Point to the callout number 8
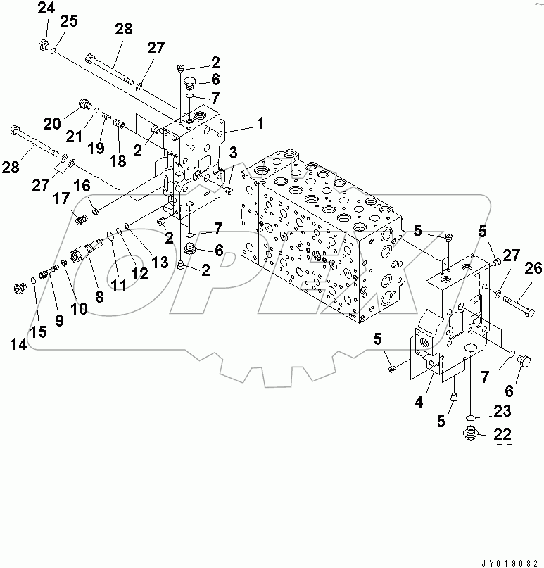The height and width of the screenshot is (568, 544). tap(99, 297)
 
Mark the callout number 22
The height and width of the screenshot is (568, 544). tap(503, 434)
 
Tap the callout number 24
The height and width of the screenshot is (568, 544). tap(45, 8)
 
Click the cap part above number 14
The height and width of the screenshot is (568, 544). tap(21, 289)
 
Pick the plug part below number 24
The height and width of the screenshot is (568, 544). tap(44, 46)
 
